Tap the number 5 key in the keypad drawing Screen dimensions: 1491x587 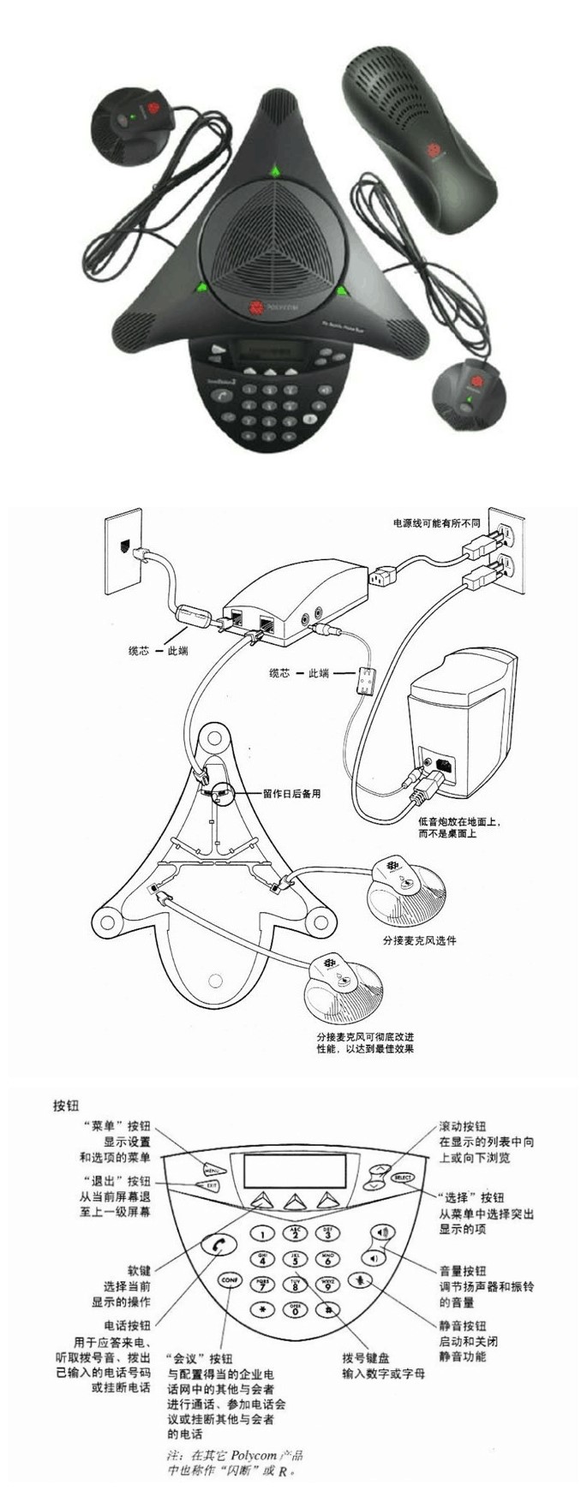coord(296,1259)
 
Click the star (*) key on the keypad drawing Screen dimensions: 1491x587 coord(263,1309)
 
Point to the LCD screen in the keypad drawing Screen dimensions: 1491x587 coord(294,1170)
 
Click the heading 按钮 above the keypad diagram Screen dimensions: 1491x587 coord(66,1106)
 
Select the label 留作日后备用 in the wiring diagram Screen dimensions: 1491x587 coord(291,794)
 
